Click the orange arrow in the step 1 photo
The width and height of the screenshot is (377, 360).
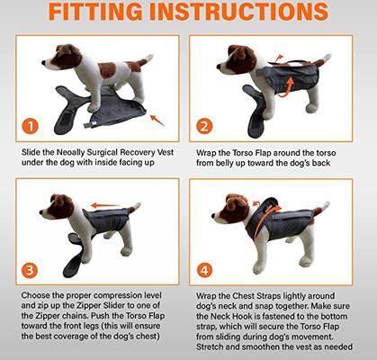157,118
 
